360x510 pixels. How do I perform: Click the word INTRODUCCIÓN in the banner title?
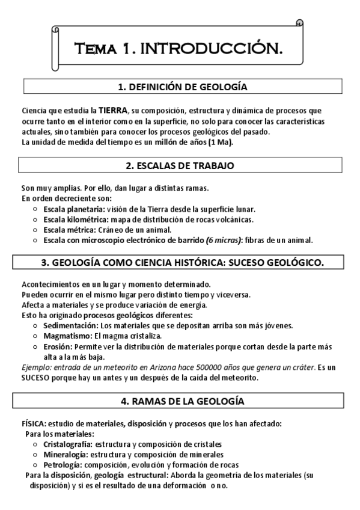212,48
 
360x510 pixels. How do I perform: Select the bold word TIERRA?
113,111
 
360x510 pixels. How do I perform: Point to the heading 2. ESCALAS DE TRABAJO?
180,165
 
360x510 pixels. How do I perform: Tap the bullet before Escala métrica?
35,230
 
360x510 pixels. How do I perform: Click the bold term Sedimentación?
70,325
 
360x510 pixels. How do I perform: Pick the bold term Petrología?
63,465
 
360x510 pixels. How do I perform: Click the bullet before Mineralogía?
35,455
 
